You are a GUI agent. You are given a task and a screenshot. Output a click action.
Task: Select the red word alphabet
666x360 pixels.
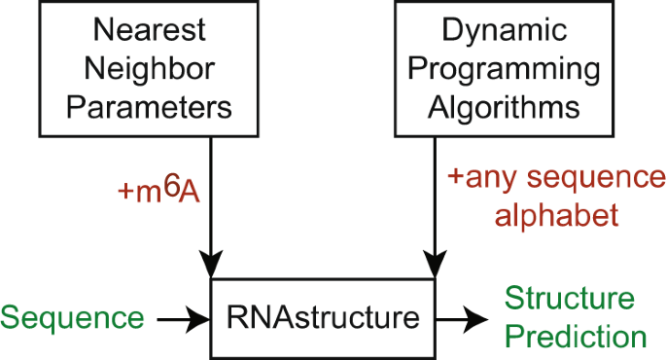tap(557, 215)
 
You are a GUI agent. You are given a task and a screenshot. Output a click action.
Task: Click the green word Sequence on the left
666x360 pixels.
tap(73, 317)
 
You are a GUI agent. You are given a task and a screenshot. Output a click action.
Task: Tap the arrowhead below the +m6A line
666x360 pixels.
tap(212, 266)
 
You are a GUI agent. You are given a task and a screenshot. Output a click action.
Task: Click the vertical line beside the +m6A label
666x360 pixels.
tap(212, 195)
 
